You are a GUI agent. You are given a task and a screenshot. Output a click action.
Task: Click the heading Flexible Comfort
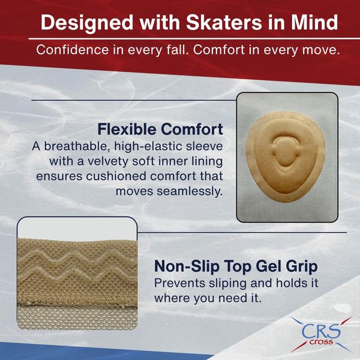[x=160, y=129]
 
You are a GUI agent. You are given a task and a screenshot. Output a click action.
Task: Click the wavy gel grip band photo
[x=76, y=273]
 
